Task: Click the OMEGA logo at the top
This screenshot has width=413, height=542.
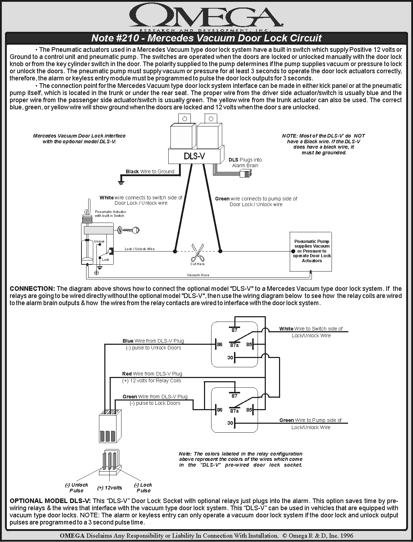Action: click(x=206, y=16)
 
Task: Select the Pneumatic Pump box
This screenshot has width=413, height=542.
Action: click(x=312, y=251)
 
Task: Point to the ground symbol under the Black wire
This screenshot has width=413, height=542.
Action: click(x=121, y=183)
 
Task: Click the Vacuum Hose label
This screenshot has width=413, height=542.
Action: click(x=198, y=275)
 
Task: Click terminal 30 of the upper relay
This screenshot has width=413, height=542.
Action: click(x=230, y=358)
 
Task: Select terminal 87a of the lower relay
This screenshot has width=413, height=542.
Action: click(x=234, y=411)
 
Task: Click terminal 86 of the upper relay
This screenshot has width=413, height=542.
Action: click(x=219, y=344)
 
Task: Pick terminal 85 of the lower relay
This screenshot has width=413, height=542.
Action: click(x=249, y=410)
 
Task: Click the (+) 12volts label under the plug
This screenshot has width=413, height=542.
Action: click(x=110, y=488)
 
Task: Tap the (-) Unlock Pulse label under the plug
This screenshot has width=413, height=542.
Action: click(x=76, y=487)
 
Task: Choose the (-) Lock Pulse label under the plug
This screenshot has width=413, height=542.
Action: click(x=143, y=487)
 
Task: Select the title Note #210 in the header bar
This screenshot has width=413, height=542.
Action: click(x=115, y=38)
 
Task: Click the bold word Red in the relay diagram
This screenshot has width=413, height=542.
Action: click(x=127, y=374)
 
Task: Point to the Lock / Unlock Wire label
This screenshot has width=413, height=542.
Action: click(x=139, y=249)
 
